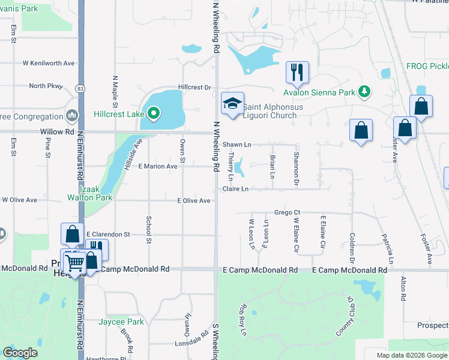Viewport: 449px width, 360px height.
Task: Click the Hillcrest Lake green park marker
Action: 154,113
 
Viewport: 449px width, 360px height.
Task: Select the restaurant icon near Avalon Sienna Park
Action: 297,73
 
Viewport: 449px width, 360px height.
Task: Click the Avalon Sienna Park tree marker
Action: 363,92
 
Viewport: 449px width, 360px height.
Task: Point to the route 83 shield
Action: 80,88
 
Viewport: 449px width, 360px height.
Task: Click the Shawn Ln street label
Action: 237,145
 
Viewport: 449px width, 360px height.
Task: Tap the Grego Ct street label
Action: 287,212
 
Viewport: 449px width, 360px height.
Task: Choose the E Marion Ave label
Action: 158,166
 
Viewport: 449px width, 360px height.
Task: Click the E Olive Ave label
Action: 193,200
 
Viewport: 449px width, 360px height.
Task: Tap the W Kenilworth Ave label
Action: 49,63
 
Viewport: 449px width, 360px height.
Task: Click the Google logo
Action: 20,353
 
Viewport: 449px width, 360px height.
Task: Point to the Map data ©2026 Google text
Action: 411,355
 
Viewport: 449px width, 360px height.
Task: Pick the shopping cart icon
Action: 74,262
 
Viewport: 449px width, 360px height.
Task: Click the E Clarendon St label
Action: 108,234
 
